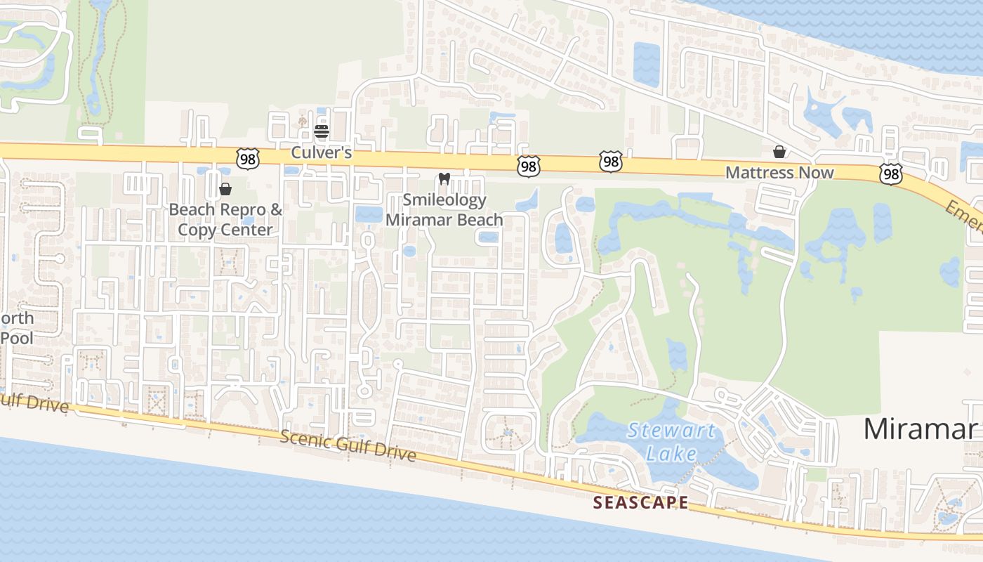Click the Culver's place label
[322, 152]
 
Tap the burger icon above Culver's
[322, 131]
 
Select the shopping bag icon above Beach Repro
[225, 188]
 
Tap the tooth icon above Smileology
[444, 178]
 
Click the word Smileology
[444, 200]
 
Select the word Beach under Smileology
[477, 220]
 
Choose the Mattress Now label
[779, 172]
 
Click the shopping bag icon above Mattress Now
[779, 151]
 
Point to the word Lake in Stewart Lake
[672, 453]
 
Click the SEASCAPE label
[640, 502]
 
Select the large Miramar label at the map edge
[921, 428]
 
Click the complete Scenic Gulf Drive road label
[348, 446]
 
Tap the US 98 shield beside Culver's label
[248, 159]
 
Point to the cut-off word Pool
[17, 338]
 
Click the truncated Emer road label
[963, 215]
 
